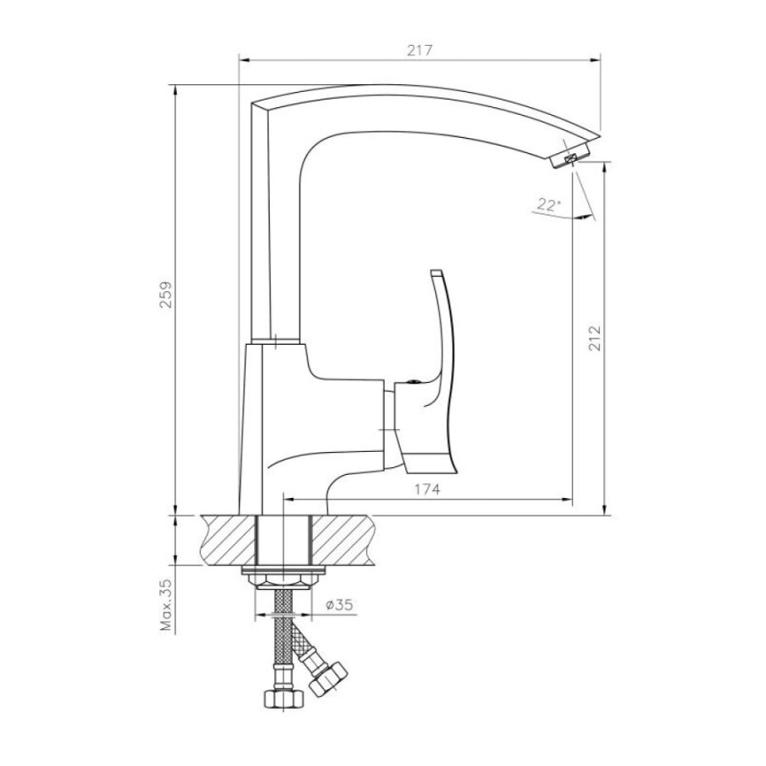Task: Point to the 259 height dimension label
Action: point(167,294)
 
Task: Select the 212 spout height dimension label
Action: point(595,338)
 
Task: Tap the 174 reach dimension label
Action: point(427,489)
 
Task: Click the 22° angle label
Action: point(548,204)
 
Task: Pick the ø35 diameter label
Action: point(339,605)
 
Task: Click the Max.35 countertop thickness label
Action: point(167,605)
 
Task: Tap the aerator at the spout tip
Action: point(570,157)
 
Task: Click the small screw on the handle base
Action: point(414,382)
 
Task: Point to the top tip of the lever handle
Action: point(436,272)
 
